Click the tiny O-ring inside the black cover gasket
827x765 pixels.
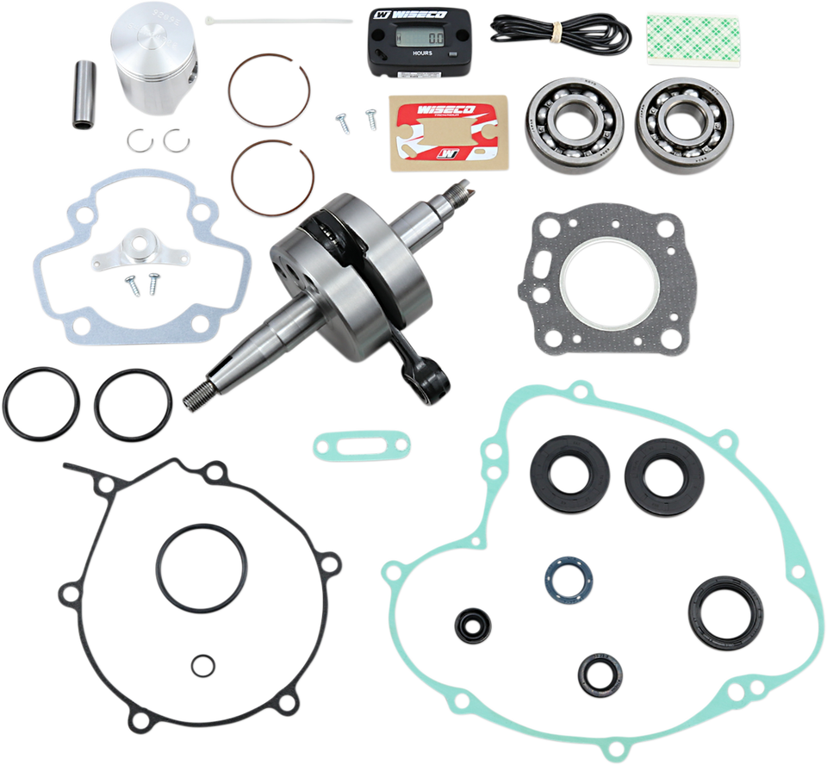point(204,664)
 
